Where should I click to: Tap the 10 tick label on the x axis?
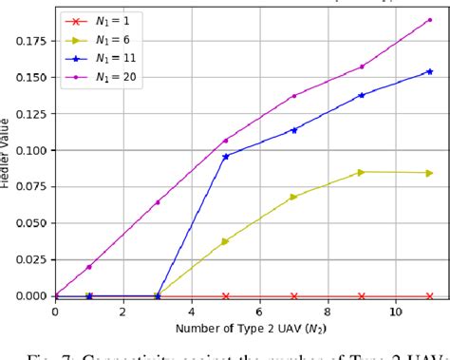(x=396, y=312)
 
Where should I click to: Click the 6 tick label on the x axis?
(x=259, y=312)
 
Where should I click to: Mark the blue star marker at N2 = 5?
(x=225, y=157)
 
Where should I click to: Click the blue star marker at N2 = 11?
(x=429, y=71)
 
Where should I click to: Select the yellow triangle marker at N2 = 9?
(x=362, y=172)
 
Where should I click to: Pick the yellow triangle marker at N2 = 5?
(x=225, y=241)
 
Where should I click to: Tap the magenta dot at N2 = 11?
(x=429, y=20)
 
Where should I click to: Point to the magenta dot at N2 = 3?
(x=158, y=202)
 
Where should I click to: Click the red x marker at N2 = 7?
(x=293, y=296)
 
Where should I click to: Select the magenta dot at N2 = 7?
(x=293, y=96)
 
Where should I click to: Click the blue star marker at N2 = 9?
(x=362, y=95)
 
